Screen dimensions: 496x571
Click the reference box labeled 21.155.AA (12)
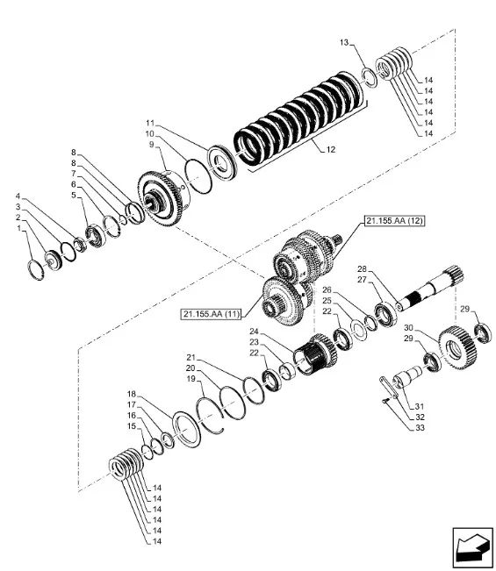tap(395, 221)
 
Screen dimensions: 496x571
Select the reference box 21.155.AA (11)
tap(212, 313)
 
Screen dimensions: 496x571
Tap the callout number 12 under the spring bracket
tap(331, 150)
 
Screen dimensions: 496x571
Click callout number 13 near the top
tap(344, 43)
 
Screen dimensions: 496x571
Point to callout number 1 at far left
tap(18, 228)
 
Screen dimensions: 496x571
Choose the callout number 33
tap(421, 428)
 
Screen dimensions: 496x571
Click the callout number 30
tap(408, 327)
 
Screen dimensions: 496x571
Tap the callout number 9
tap(152, 145)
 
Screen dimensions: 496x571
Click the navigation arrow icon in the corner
tap(472, 547)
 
